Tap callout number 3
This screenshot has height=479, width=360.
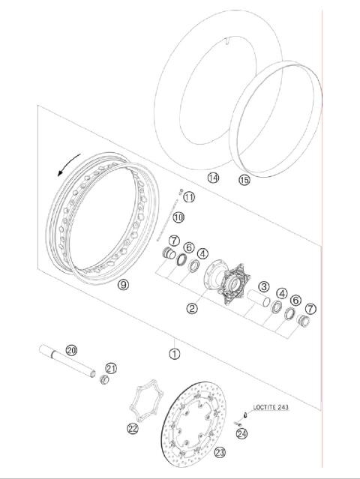(x=264, y=286)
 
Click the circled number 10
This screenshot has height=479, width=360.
(x=178, y=217)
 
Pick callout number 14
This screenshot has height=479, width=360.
(x=214, y=178)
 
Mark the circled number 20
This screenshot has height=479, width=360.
(x=72, y=350)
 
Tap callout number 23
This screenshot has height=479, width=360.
(x=220, y=452)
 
